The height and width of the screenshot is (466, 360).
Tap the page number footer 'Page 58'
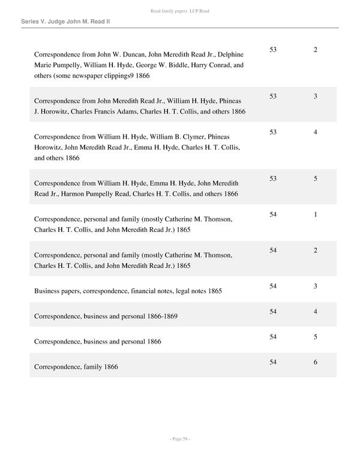[179, 439]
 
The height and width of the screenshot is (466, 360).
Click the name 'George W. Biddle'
[161, 65]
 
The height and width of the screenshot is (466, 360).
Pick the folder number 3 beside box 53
[315, 96]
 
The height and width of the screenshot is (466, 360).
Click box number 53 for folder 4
[273, 132]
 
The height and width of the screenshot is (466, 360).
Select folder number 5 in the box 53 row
[315, 178]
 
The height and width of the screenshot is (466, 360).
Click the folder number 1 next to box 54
[315, 214]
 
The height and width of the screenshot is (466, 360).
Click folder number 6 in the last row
[315, 362]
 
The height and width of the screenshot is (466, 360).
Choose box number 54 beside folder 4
[273, 312]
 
